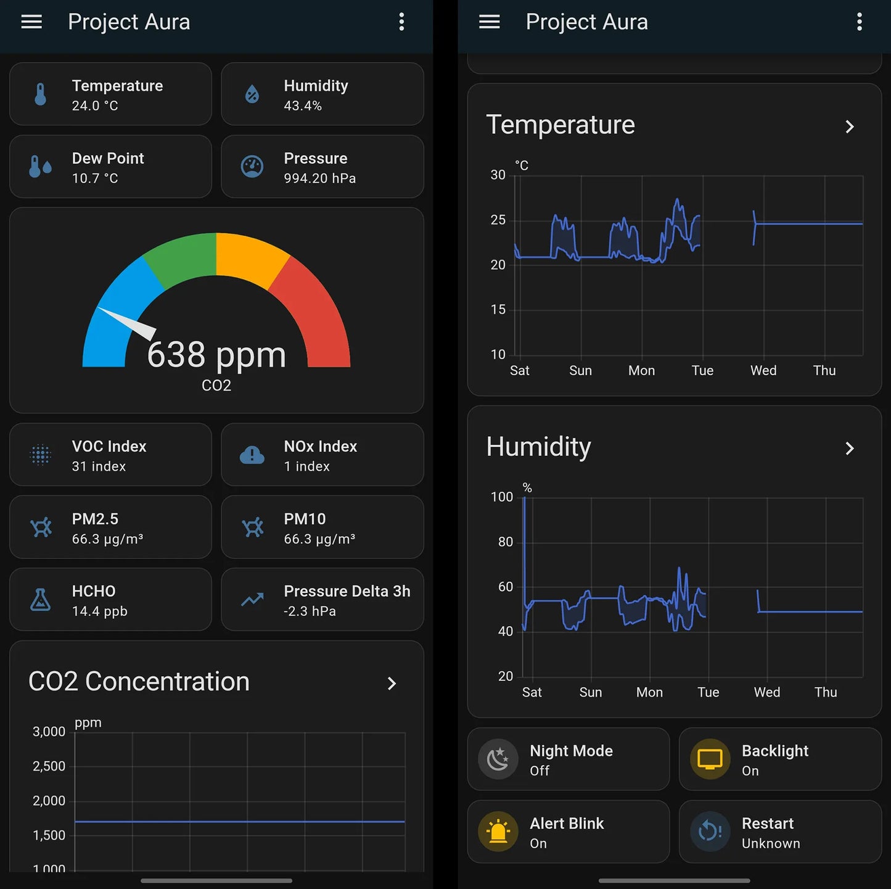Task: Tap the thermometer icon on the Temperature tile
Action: [41, 94]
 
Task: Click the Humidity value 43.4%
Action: [303, 105]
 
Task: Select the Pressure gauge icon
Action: [252, 167]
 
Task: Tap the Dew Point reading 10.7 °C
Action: [95, 178]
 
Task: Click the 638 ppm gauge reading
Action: [216, 355]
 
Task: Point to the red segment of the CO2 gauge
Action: [318, 308]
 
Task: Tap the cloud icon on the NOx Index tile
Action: [252, 455]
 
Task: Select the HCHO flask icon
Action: [41, 600]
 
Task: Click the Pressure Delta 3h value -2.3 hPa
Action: [310, 611]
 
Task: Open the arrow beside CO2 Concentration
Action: [392, 683]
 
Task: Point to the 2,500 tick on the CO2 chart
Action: [49, 766]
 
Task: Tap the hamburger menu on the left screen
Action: [31, 22]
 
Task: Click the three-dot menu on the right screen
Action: [859, 22]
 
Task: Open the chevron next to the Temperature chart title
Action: [850, 126]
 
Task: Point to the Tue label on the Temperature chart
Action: [702, 370]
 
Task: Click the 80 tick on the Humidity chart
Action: [506, 542]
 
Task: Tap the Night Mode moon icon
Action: [498, 759]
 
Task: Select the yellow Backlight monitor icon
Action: [710, 759]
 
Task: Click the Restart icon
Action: [710, 832]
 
